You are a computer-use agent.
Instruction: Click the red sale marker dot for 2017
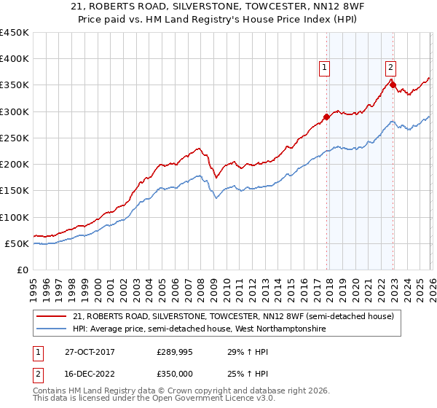326,117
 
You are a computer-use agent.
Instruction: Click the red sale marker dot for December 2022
393,85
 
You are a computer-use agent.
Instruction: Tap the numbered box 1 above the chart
324,67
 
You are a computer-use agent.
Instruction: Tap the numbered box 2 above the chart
390,67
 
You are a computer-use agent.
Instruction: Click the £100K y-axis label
15,217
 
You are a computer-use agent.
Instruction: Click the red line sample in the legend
51,316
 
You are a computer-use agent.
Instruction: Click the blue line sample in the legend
51,329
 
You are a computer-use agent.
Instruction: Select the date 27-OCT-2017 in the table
90,351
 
